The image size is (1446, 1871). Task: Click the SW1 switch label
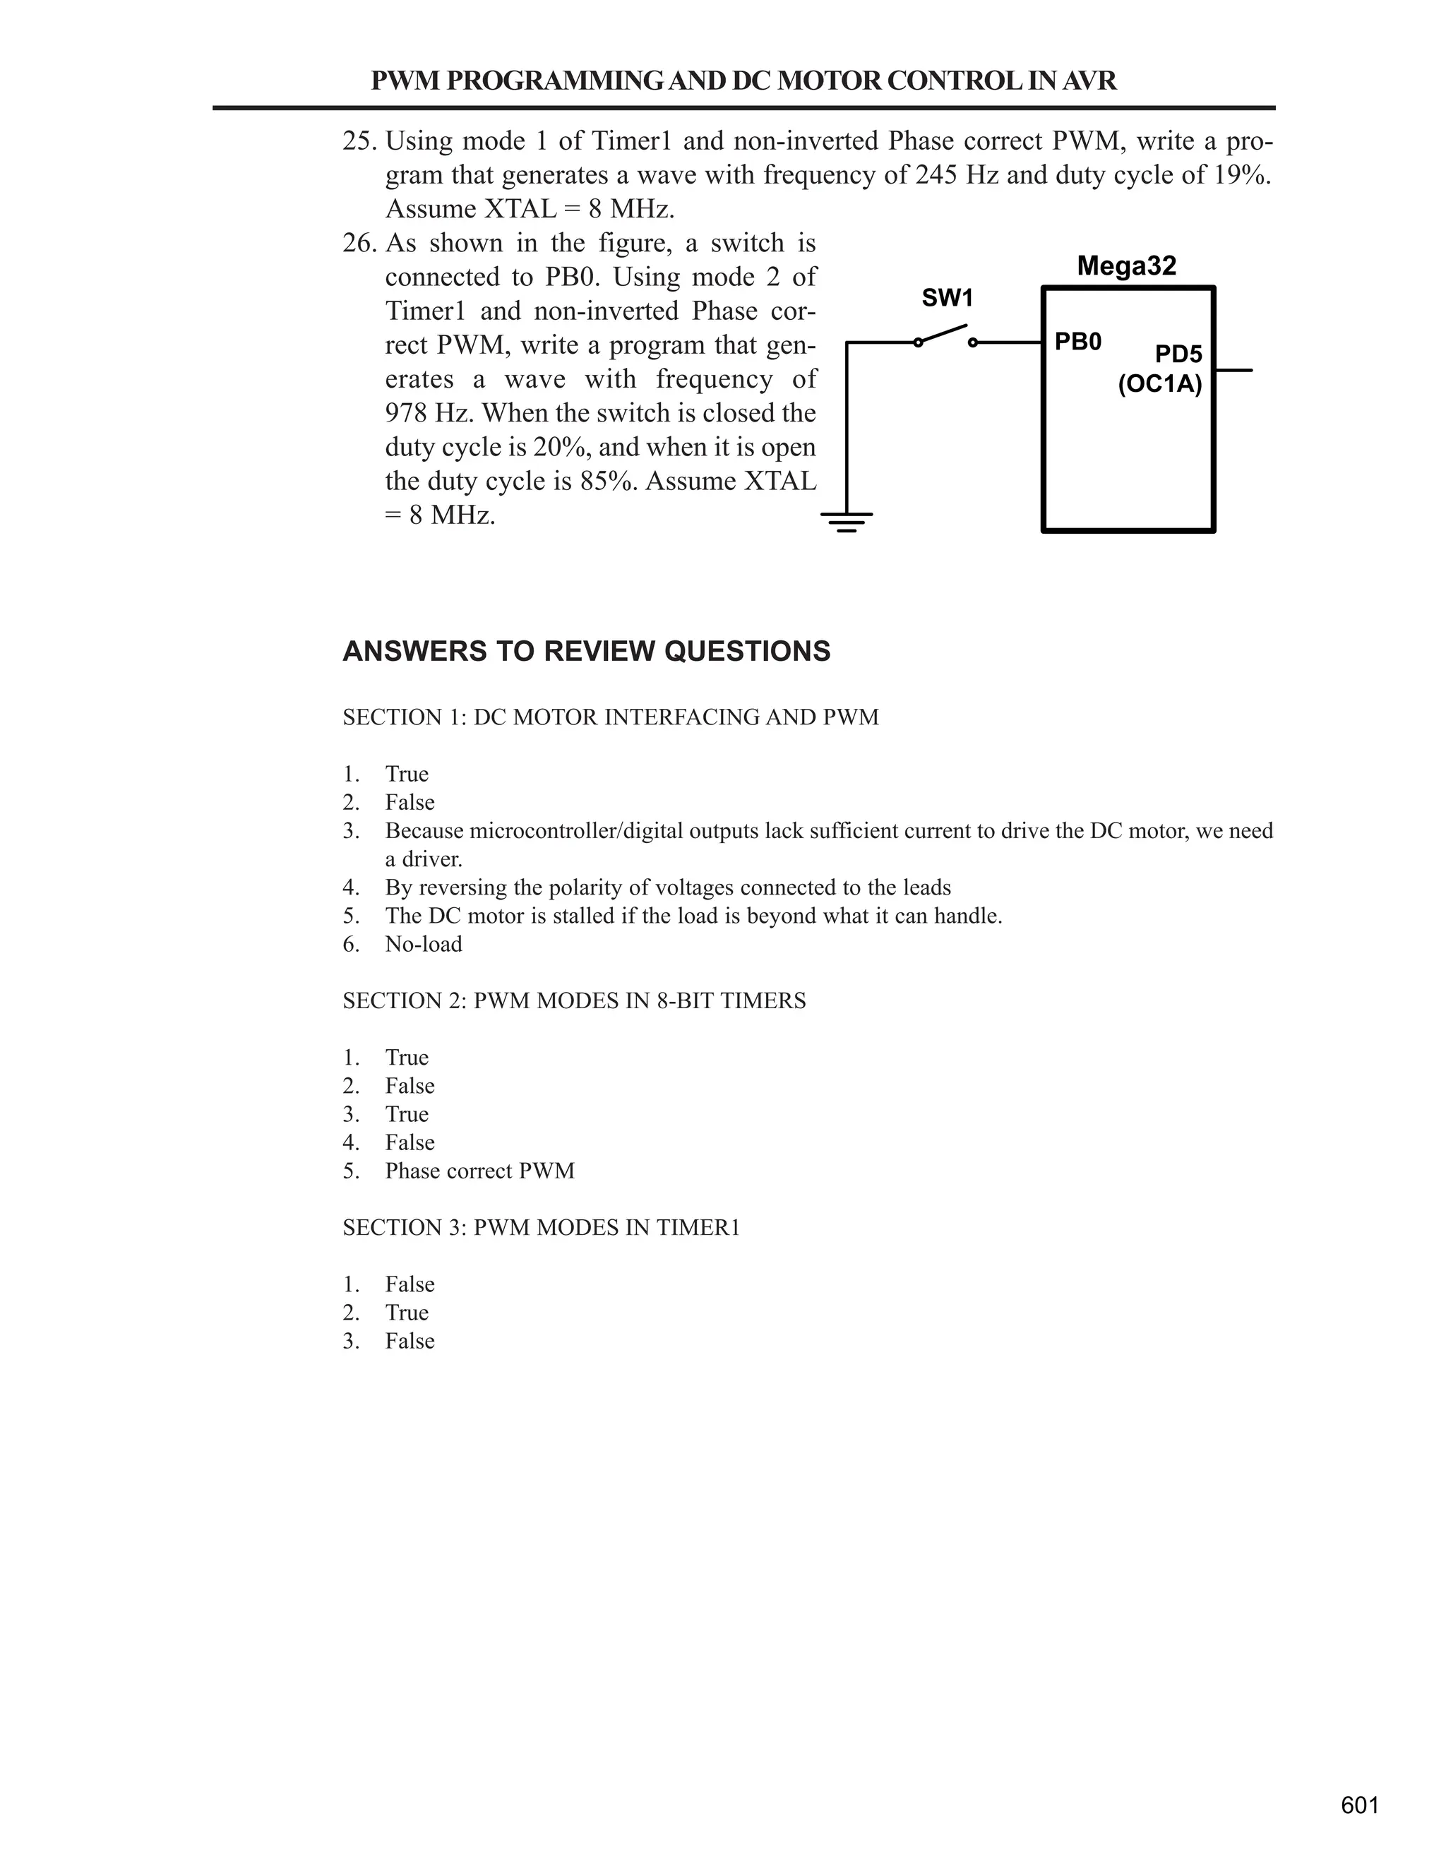pyautogui.click(x=947, y=298)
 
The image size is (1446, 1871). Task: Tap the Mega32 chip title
pyautogui.click(x=1126, y=265)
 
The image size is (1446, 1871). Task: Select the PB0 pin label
pyautogui.click(x=1077, y=342)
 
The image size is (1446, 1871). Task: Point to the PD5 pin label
pyautogui.click(x=1178, y=354)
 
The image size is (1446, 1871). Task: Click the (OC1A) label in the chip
pyautogui.click(x=1160, y=384)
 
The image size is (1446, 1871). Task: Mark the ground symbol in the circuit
pyautogui.click(x=847, y=521)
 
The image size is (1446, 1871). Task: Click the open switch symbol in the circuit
pyautogui.click(x=945, y=337)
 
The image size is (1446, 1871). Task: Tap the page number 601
pyautogui.click(x=1359, y=1805)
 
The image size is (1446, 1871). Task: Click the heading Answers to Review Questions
pyautogui.click(x=586, y=651)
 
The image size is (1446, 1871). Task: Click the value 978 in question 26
pyautogui.click(x=406, y=413)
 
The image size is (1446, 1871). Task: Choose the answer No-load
pyautogui.click(x=423, y=944)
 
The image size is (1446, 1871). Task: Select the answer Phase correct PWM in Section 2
pyautogui.click(x=479, y=1170)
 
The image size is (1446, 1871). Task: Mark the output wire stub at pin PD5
pyautogui.click(x=1233, y=370)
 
